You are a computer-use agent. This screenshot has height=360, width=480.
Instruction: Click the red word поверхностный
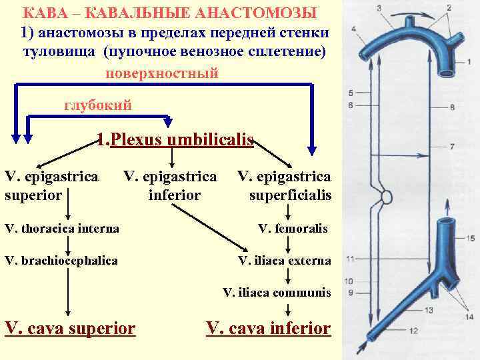pos(162,73)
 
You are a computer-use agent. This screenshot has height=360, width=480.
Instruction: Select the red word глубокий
pos(97,105)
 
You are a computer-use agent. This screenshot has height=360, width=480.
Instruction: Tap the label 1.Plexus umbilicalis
pos(175,140)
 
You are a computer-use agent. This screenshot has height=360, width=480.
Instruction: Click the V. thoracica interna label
pos(62,229)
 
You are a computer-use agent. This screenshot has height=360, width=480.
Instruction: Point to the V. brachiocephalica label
pos(61,260)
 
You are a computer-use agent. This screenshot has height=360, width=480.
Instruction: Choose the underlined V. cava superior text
pos(70,328)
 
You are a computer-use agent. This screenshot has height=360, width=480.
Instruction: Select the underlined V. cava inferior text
pos(269,328)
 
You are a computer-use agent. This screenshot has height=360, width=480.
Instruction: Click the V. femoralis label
pos(293,229)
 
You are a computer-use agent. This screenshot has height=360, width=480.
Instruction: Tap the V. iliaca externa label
pos(284,260)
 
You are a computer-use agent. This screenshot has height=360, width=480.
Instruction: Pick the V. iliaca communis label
pos(277,292)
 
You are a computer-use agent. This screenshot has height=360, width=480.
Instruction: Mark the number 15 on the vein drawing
pos(471,238)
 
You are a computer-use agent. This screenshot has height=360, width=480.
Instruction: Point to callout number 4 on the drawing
pos(353,29)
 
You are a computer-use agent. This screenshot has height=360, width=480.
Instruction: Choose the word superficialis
pos(290,195)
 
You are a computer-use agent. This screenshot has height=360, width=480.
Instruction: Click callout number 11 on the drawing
pos(350,258)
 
